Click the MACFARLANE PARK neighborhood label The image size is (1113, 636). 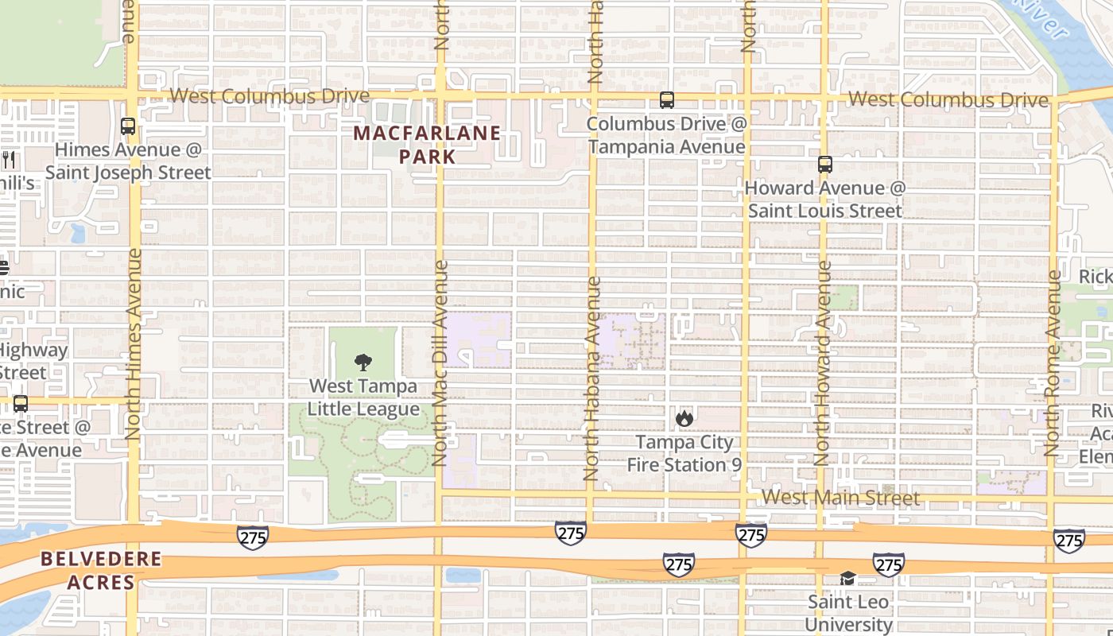pos(428,145)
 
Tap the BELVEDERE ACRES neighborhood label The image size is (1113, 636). pos(101,571)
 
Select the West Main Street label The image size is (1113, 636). pos(840,498)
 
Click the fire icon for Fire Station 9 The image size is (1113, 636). pos(684,418)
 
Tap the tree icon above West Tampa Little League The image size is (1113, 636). pos(363,363)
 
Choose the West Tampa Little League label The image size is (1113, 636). pos(363,397)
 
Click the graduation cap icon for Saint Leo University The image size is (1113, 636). pos(848,578)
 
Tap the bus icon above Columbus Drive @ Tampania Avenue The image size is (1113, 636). pos(667,100)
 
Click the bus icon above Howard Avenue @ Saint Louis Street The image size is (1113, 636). pos(825,165)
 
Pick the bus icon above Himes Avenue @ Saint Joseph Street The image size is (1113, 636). pos(128,126)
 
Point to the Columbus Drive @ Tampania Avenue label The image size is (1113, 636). pos(667,135)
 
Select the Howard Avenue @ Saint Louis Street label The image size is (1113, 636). pos(825,200)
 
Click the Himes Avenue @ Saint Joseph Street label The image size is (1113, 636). pos(128,161)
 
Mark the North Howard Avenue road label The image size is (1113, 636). pos(823,363)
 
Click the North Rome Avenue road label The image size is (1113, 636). pos(1053,363)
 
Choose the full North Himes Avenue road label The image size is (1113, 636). pos(133,343)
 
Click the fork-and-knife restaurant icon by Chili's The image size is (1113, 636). pos(9,160)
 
